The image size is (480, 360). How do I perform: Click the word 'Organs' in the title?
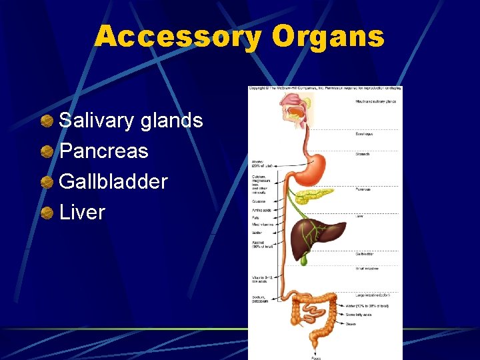pos(328,37)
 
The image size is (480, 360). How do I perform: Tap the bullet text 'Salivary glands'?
pos(131,121)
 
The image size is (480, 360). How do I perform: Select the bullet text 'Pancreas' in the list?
pos(103,151)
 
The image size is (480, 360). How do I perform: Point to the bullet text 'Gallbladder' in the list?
pos(113,181)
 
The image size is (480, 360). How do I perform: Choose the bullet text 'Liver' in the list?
pos(82,212)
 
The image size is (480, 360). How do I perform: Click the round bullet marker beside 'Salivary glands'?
pos(47,121)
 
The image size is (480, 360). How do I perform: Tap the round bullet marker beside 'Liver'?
pos(47,213)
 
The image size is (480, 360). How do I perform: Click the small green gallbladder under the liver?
pos(303,260)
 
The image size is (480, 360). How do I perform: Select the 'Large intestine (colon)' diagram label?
pos(371,293)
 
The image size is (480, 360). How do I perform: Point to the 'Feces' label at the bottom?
pos(316,358)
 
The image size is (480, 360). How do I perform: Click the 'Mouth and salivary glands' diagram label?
pos(375,101)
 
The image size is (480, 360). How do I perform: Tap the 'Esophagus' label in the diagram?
pos(363,134)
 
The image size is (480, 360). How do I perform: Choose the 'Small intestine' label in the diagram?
pos(366,268)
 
